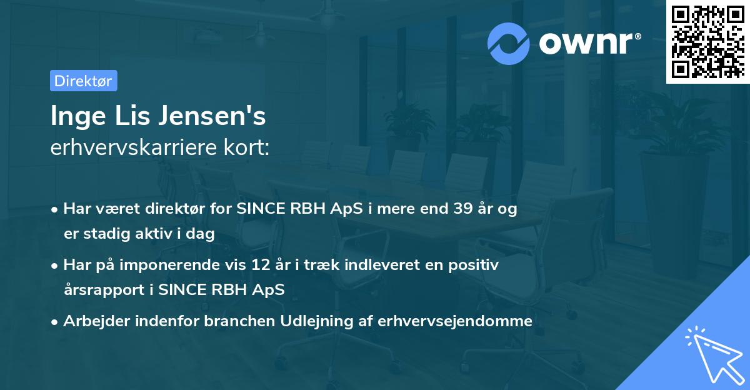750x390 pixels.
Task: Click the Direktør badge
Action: click(83, 81)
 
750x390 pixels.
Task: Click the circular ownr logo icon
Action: click(509, 43)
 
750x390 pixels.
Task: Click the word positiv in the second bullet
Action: click(477, 265)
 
